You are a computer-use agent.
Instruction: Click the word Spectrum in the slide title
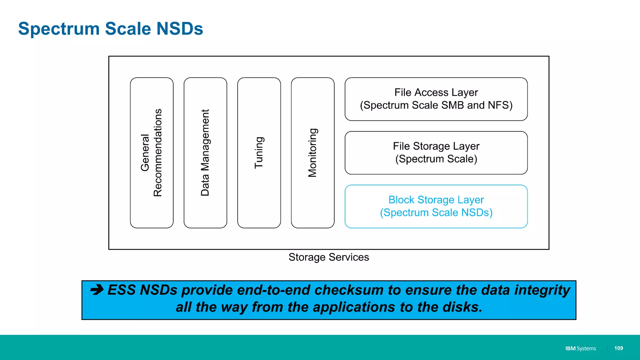[x=59, y=29]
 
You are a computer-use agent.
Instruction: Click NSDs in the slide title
[x=180, y=29]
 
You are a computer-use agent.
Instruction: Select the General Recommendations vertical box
[x=152, y=153]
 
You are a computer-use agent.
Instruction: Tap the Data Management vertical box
[x=205, y=153]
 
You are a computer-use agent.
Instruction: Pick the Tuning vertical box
[x=259, y=153]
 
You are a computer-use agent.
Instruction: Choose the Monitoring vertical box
[x=312, y=153]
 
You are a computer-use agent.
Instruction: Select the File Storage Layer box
[x=436, y=152]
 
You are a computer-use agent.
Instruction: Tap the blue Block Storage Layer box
[x=436, y=206]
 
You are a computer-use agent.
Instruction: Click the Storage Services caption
[x=329, y=257]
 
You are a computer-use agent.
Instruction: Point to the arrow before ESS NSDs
[x=97, y=290]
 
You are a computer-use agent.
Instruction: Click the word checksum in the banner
[x=349, y=290]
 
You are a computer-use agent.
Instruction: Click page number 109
[x=618, y=348]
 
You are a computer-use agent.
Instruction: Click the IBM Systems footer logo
[x=580, y=348]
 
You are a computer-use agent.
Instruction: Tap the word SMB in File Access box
[x=452, y=105]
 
